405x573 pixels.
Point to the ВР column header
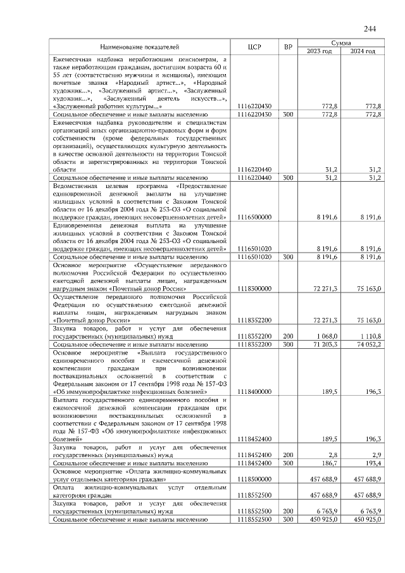288,47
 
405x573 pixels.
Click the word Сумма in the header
342,42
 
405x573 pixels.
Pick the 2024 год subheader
363,51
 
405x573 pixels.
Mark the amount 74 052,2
366,344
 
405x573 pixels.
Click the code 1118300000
255,288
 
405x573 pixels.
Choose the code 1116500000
255,217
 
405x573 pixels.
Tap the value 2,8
330,455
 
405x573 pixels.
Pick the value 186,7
328,463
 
